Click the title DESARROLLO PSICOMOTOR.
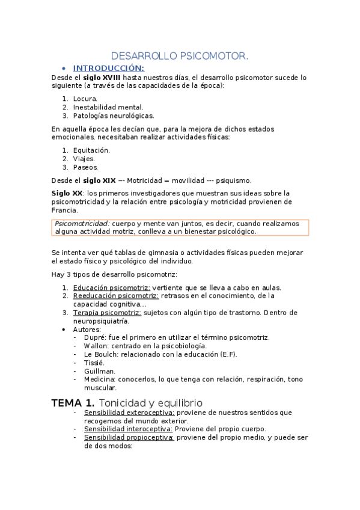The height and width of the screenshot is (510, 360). [x=180, y=56]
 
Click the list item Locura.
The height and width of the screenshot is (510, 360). [x=85, y=98]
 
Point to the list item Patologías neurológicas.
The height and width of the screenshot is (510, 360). [x=114, y=115]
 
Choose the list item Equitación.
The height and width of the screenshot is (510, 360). [x=91, y=150]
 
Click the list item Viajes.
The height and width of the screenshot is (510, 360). [x=84, y=159]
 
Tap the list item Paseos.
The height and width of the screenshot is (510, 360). [x=85, y=167]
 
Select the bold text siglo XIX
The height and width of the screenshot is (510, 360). [x=99, y=180]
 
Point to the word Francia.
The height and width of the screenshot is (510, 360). [x=64, y=210]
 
